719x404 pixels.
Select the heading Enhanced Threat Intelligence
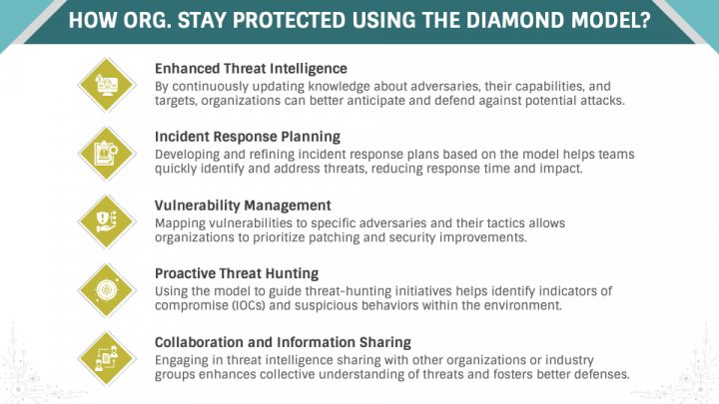[x=251, y=69]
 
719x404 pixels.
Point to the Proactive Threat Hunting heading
[x=238, y=272]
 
